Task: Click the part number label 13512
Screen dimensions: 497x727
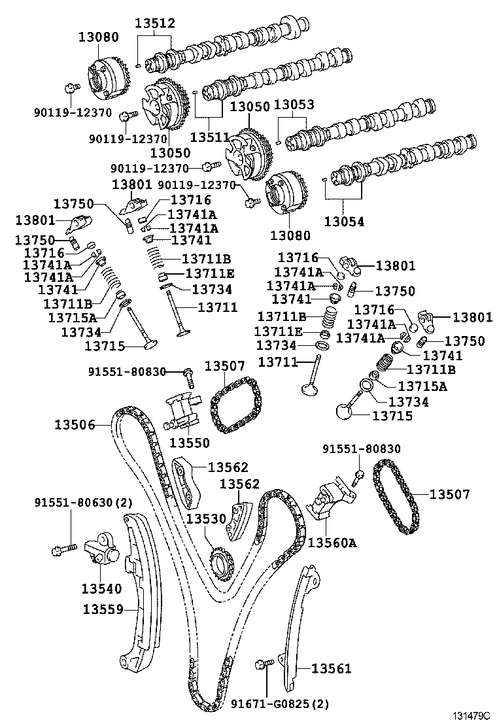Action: [x=155, y=23]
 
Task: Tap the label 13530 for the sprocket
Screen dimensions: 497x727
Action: [x=206, y=518]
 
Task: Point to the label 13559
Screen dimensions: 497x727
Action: [x=103, y=609]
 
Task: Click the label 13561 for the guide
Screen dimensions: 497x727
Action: [x=331, y=668]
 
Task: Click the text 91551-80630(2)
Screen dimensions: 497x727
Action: [x=84, y=502]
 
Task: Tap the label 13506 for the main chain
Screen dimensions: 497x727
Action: [x=75, y=424]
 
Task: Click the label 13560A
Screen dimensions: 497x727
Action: [x=332, y=542]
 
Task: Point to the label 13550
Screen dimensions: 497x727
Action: [x=189, y=443]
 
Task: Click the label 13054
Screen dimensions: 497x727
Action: [x=344, y=221]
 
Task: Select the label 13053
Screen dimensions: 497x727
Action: [x=294, y=105]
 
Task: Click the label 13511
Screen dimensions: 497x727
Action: [x=210, y=137]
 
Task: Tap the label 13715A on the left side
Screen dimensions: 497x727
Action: [x=73, y=318]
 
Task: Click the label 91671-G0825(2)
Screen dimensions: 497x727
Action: [x=280, y=704]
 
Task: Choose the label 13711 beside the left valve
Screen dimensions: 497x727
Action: [x=218, y=307]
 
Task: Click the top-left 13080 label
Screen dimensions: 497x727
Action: [x=98, y=37]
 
